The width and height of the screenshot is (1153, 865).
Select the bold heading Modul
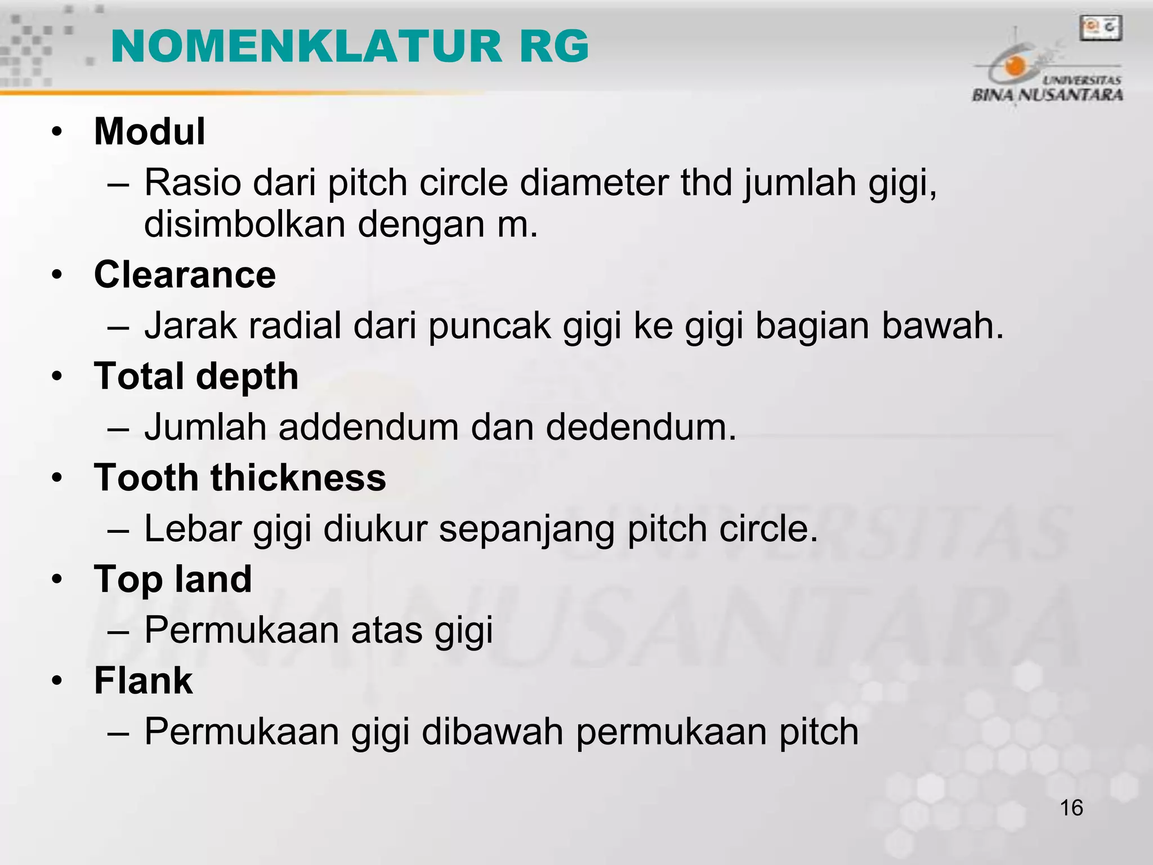(149, 132)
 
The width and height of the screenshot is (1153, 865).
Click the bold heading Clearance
(185, 275)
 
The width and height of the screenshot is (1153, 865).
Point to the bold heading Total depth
(196, 377)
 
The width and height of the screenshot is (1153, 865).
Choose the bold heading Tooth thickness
(240, 478)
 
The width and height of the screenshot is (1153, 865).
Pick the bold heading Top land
(173, 579)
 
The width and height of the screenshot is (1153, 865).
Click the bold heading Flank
(143, 681)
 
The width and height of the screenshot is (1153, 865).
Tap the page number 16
(1071, 808)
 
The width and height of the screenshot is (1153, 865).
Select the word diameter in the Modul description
(594, 183)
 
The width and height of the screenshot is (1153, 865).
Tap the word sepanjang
(526, 530)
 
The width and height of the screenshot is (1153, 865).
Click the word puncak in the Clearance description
(489, 326)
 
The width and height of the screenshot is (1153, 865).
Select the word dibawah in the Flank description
(493, 732)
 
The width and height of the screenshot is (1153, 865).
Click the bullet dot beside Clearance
(56, 276)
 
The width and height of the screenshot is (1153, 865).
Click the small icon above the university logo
(1101, 28)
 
